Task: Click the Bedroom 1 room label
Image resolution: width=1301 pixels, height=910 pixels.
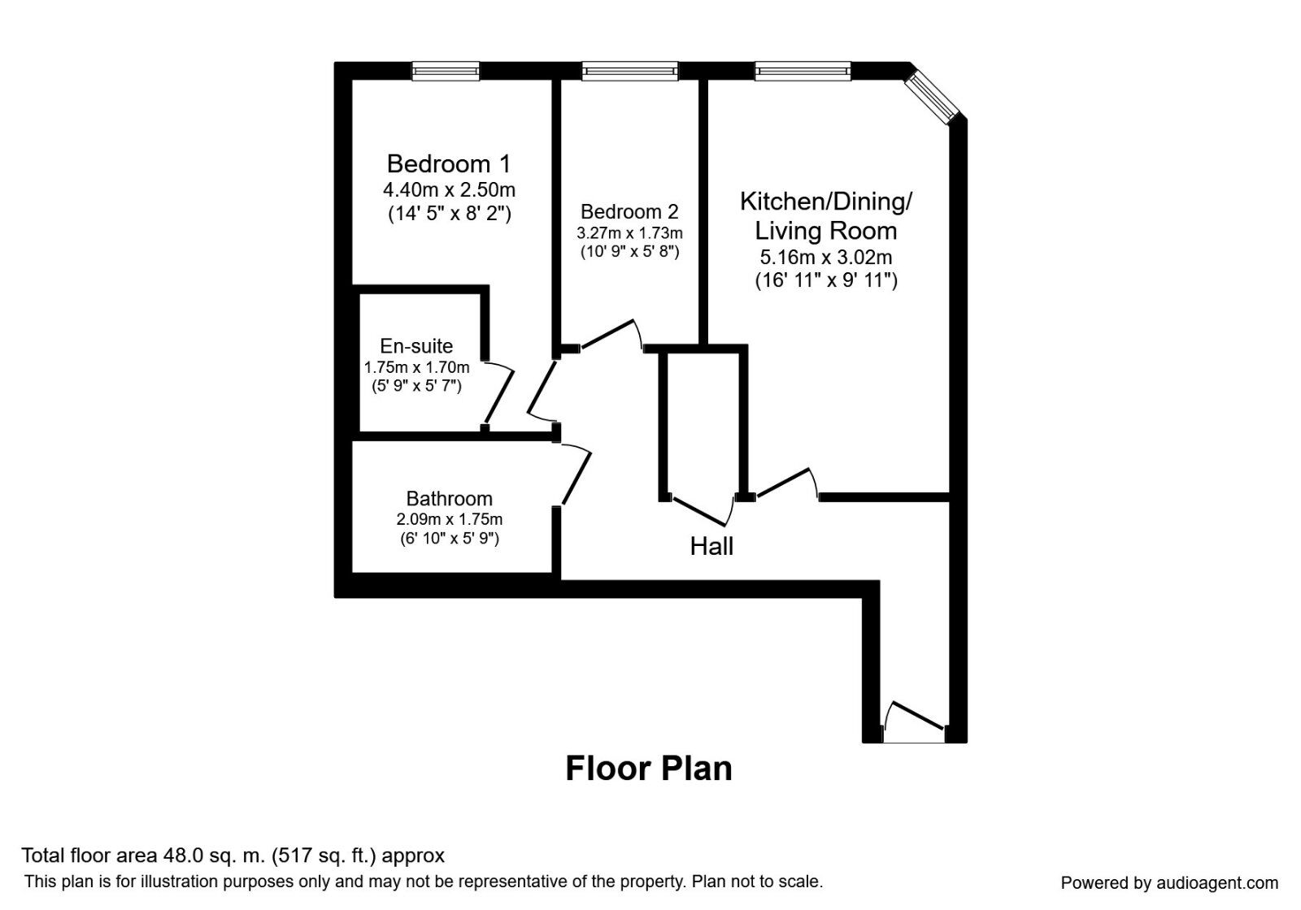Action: click(x=448, y=164)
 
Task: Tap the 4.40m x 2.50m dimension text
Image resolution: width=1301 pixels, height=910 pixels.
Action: click(x=449, y=190)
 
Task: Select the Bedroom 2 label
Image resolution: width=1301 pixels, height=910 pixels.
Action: click(x=629, y=212)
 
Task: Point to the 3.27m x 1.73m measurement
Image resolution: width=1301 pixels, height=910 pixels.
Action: click(x=629, y=233)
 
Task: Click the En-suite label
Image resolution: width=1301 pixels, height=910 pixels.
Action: click(x=416, y=346)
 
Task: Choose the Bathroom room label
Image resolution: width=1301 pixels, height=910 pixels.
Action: click(x=449, y=499)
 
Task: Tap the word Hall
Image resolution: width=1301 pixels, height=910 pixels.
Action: click(x=711, y=546)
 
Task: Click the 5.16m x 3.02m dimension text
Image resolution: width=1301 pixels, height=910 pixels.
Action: click(x=825, y=258)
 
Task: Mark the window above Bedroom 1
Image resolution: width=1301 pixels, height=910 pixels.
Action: click(x=445, y=71)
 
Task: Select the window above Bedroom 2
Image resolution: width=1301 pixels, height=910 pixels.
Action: click(x=629, y=71)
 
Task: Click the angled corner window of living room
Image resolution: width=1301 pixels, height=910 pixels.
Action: click(x=934, y=96)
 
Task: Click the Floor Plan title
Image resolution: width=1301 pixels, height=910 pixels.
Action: click(x=648, y=769)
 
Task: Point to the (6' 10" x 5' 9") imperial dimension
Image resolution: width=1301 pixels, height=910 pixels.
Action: click(x=449, y=538)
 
